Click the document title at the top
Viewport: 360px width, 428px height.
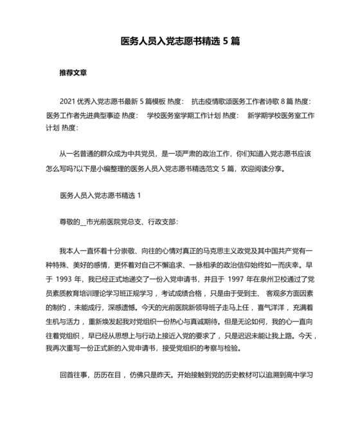point(180,41)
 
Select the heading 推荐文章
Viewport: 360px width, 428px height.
point(73,73)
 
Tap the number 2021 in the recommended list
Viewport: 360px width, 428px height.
point(67,102)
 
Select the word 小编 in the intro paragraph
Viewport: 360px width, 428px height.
point(122,170)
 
